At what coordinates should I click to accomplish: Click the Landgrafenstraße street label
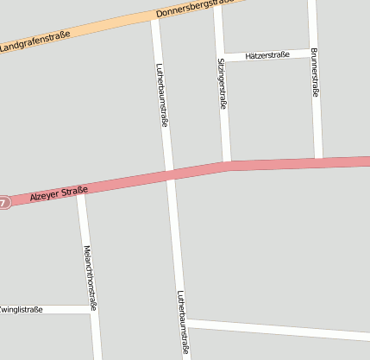34,39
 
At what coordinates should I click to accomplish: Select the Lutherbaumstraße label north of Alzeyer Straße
160,95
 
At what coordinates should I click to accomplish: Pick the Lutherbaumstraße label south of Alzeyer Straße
182,321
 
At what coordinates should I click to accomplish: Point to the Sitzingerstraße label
222,83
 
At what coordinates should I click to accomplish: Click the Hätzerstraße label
267,55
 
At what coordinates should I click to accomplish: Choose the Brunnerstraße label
314,72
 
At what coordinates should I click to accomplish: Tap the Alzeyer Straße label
59,193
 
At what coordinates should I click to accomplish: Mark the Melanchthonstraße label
89,277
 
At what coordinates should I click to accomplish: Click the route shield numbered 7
3,203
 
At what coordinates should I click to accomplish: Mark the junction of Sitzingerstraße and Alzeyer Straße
227,163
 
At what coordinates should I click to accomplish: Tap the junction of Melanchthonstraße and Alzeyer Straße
82,191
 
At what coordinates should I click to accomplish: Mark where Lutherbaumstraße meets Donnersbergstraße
155,16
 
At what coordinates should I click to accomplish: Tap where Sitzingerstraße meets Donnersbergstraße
217,4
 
